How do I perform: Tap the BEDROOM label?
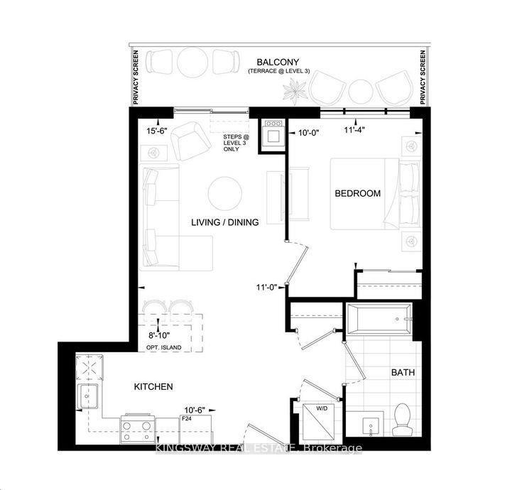[358, 193]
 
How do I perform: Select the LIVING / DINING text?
[224, 222]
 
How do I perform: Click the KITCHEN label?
[154, 386]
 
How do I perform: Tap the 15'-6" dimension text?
[156, 131]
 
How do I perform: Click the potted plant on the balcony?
[292, 90]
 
